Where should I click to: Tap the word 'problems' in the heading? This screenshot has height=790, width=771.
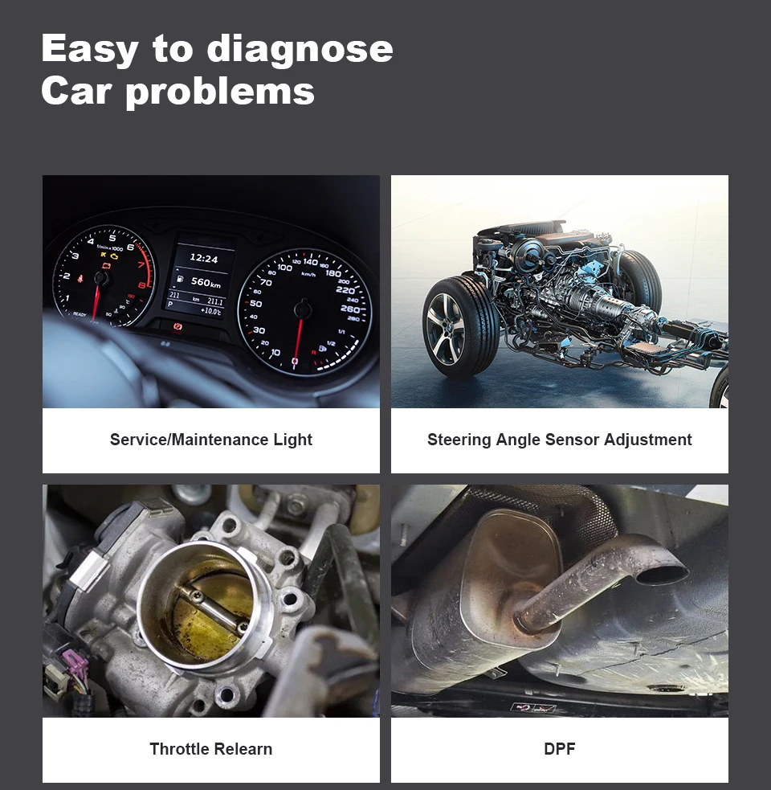coord(220,92)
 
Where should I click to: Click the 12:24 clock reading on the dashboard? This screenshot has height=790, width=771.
coord(203,259)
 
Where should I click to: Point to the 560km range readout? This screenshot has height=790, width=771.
coord(206,282)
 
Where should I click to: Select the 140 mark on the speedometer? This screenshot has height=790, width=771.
coord(310,261)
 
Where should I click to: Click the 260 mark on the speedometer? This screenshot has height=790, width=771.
coord(349,309)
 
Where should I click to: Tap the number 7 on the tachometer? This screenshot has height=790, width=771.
coord(141,265)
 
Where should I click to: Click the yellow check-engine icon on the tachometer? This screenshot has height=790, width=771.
coord(115,256)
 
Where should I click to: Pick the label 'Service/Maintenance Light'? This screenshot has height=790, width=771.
coord(211,440)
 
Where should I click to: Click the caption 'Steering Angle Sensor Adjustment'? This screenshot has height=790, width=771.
coord(560,440)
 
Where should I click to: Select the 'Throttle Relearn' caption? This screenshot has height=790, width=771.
coord(211,749)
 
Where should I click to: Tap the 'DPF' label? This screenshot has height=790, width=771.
coord(560,749)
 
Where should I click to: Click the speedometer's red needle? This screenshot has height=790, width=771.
coord(299,337)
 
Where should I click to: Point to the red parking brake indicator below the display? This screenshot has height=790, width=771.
coord(177,326)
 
